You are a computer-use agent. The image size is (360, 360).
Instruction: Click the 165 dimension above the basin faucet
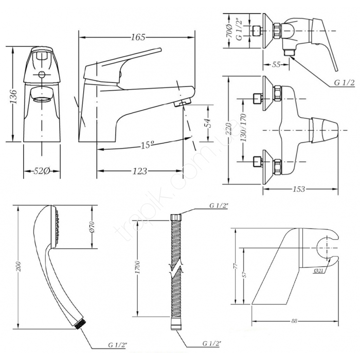coord(138,37)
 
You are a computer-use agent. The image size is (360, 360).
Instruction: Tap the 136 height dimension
coord(14,97)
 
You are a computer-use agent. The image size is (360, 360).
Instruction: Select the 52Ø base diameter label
coord(42,171)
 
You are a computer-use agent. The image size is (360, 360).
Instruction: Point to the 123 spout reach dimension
coord(139,171)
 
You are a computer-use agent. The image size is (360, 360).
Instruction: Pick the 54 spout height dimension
coord(208,123)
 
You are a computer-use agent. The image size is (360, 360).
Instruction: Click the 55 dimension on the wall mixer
coord(276,64)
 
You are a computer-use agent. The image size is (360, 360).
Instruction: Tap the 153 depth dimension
coord(299,189)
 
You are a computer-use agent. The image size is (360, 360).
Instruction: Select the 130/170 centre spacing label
coord(243,128)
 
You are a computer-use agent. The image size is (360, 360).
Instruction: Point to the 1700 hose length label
coord(137,267)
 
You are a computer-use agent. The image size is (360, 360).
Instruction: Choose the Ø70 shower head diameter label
coord(92,227)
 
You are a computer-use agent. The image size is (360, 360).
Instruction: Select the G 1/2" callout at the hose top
coord(219,206)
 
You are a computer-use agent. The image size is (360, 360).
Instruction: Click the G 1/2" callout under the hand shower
coord(117,351)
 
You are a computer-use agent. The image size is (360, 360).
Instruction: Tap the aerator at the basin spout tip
coord(183,103)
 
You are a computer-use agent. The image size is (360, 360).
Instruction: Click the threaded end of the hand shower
coord(79,326)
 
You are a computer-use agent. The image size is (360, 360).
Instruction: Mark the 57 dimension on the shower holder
coord(244,275)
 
